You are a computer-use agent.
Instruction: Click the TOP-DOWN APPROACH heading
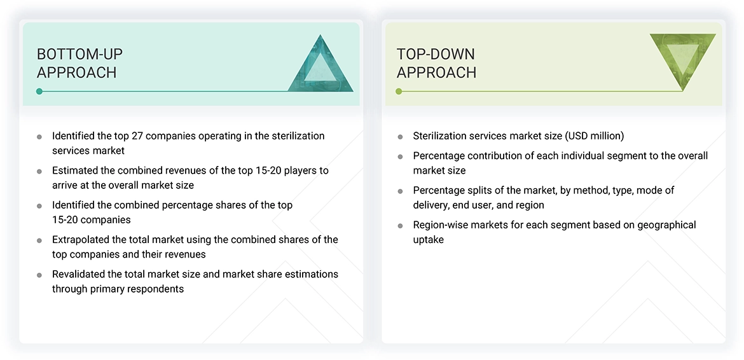pyautogui.click(x=436, y=63)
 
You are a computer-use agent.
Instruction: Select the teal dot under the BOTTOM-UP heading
pyautogui.click(x=39, y=92)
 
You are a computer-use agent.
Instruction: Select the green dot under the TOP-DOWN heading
pyautogui.click(x=399, y=92)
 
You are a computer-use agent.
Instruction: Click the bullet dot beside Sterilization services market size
pyautogui.click(x=400, y=137)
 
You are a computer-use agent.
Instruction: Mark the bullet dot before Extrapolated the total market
pyautogui.click(x=39, y=240)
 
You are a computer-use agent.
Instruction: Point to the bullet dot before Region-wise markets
pyautogui.click(x=400, y=226)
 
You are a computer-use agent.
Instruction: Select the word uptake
pyautogui.click(x=428, y=240)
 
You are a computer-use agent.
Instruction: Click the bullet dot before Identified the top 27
pyautogui.click(x=39, y=137)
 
